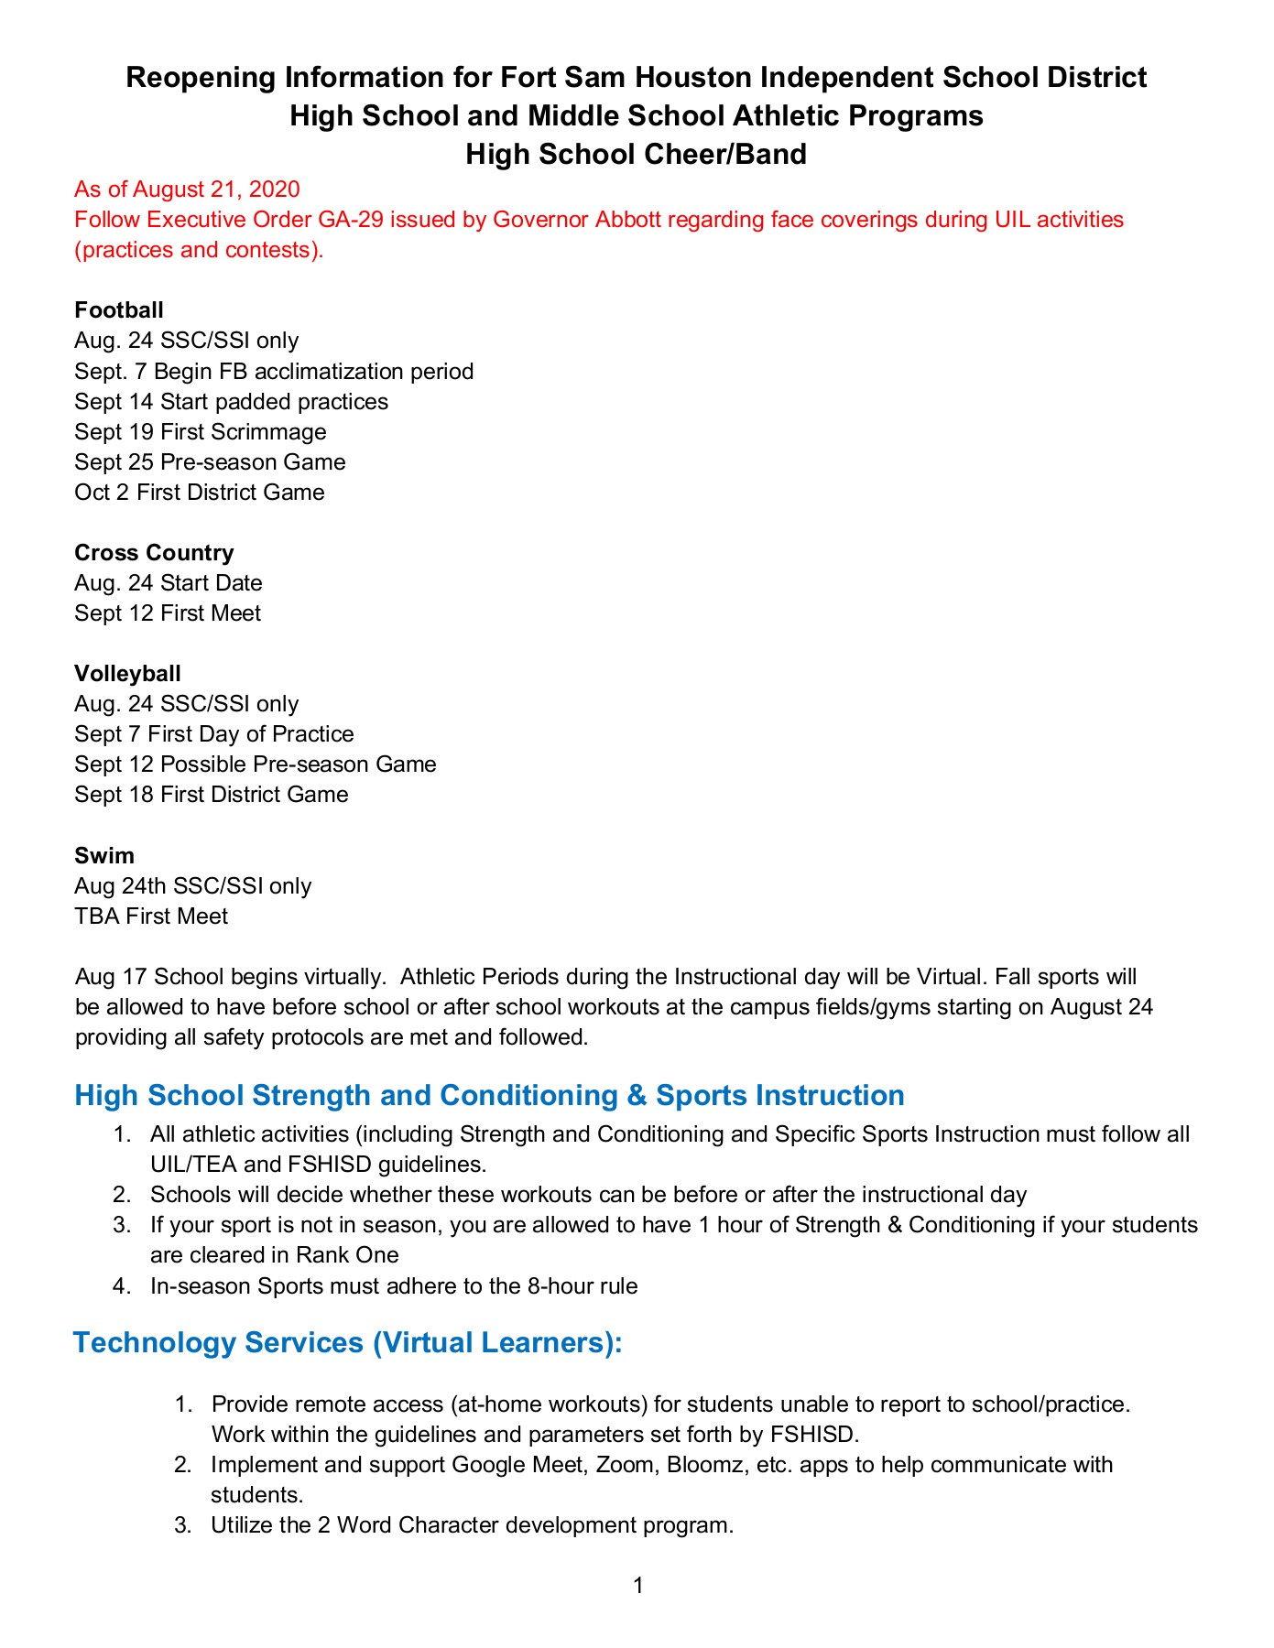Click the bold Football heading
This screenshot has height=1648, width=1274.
[x=118, y=310]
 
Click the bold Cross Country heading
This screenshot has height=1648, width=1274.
[x=154, y=553]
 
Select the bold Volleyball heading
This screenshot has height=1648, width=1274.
[x=127, y=674]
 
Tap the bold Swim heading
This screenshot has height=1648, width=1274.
[x=104, y=856]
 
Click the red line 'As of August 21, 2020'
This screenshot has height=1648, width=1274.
[x=187, y=190]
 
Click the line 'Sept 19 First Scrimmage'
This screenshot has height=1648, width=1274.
[x=200, y=431]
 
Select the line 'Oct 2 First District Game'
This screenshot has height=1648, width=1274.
[x=200, y=493]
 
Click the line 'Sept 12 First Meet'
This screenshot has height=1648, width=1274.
[x=168, y=613]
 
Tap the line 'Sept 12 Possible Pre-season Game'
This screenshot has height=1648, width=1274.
[x=255, y=764]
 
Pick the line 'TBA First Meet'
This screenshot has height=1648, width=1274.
[x=151, y=916]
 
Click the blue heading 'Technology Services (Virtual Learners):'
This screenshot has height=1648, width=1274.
[x=348, y=1342]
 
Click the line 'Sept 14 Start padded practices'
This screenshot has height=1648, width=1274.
[x=231, y=402]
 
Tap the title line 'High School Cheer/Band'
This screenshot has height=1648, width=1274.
[x=636, y=154]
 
